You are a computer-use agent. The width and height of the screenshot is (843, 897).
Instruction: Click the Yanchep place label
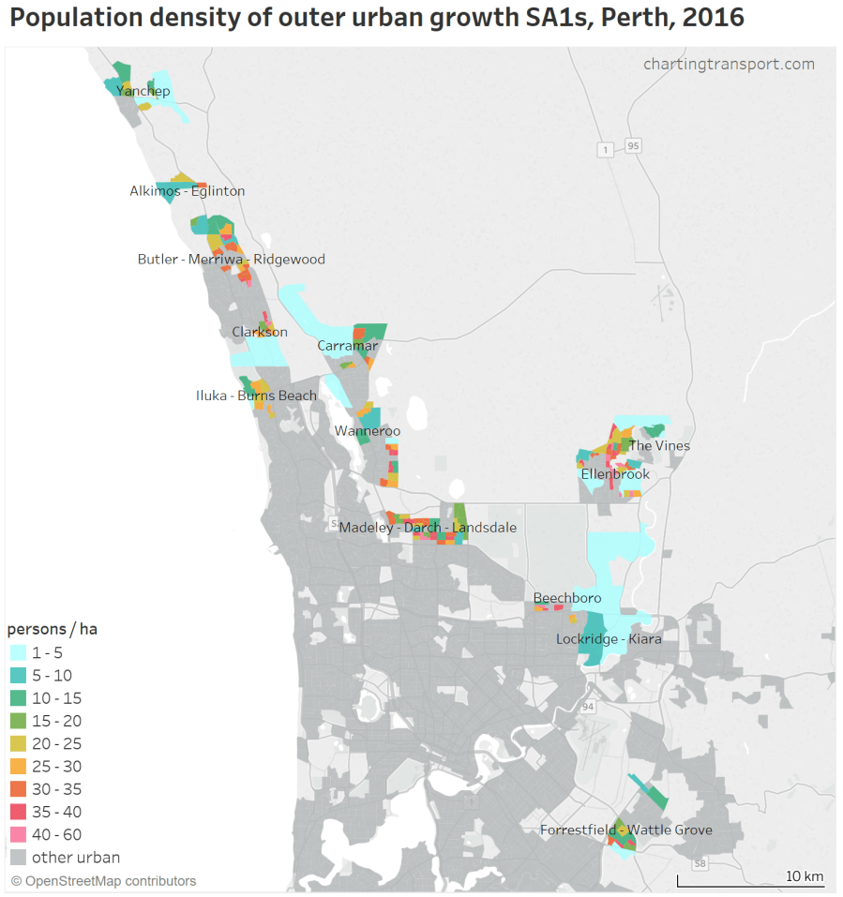[143, 91]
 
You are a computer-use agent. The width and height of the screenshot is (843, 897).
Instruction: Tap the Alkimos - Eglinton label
[187, 191]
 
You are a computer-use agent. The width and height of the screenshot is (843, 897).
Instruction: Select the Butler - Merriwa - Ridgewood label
[231, 260]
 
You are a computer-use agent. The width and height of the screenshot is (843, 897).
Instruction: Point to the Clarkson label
[260, 332]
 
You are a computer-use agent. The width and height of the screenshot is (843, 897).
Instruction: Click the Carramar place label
[347, 346]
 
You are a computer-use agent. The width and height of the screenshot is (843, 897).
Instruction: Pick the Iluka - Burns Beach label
[256, 396]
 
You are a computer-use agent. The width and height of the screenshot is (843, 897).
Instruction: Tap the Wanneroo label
[368, 431]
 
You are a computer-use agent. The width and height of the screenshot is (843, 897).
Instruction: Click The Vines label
[658, 445]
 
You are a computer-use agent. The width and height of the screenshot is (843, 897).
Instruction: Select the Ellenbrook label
[615, 474]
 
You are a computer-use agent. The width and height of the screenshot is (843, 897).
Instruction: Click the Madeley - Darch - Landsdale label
[428, 528]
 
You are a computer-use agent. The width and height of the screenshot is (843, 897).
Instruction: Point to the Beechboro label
[565, 598]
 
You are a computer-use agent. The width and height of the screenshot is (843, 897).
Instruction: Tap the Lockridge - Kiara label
[609, 639]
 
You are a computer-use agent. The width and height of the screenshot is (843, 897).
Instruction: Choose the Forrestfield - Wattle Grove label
[625, 830]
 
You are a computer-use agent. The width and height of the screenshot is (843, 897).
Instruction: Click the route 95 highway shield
[634, 145]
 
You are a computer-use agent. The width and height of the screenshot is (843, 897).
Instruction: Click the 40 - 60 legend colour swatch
[18, 834]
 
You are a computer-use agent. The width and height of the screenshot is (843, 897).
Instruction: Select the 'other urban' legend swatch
[18, 857]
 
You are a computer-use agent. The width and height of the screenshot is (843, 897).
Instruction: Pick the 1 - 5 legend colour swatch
[18, 652]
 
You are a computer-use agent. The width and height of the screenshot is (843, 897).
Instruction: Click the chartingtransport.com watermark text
[729, 64]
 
